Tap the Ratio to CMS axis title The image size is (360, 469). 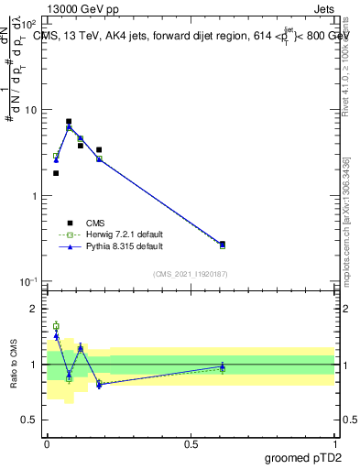16,363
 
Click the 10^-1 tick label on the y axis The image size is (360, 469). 29,281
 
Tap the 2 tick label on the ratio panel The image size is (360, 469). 36,309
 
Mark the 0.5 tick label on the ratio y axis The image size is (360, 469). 32,420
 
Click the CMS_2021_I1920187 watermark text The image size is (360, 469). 191,274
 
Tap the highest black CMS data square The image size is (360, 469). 69,121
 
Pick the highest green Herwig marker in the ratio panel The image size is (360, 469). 56,326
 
